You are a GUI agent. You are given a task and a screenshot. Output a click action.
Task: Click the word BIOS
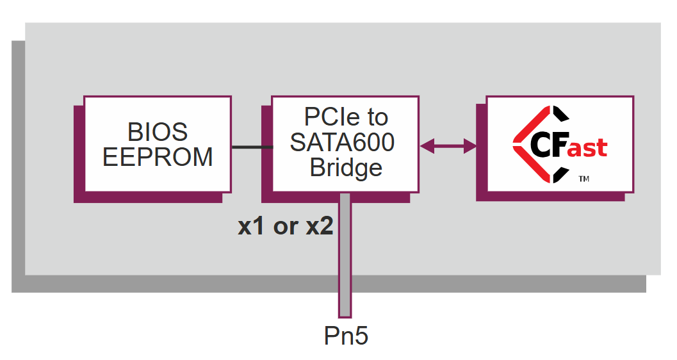click(x=158, y=132)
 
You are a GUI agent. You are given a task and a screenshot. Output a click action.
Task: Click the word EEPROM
click(x=158, y=157)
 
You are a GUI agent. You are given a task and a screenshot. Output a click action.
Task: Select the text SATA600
click(x=342, y=142)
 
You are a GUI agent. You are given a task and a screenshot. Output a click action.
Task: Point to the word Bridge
click(x=346, y=168)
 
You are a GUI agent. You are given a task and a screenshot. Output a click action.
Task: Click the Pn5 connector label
click(x=346, y=336)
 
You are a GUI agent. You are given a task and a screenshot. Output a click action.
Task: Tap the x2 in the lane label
click(x=319, y=226)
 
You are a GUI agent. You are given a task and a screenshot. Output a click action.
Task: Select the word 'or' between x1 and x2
click(x=285, y=227)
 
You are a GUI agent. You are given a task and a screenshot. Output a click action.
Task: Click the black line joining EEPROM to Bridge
click(x=252, y=147)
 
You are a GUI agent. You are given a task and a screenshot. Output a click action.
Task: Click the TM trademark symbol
click(x=583, y=179)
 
